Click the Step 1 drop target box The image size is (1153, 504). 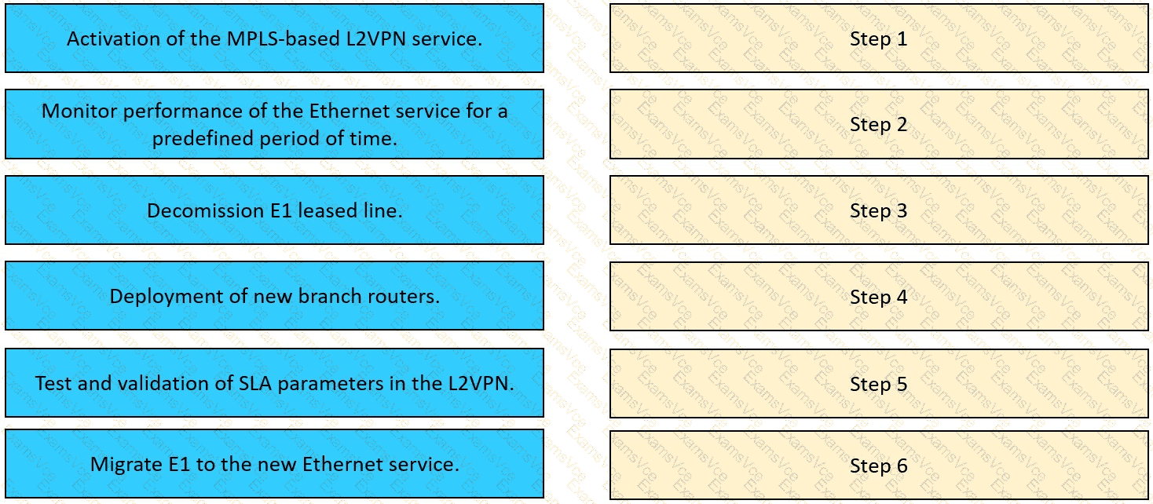(879, 38)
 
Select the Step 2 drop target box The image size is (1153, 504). (879, 124)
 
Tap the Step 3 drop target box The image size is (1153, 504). (879, 210)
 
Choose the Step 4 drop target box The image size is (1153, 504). (879, 296)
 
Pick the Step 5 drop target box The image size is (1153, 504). (879, 383)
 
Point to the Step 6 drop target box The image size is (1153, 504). (879, 465)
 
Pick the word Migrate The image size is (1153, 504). (126, 465)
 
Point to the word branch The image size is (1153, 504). (330, 296)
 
